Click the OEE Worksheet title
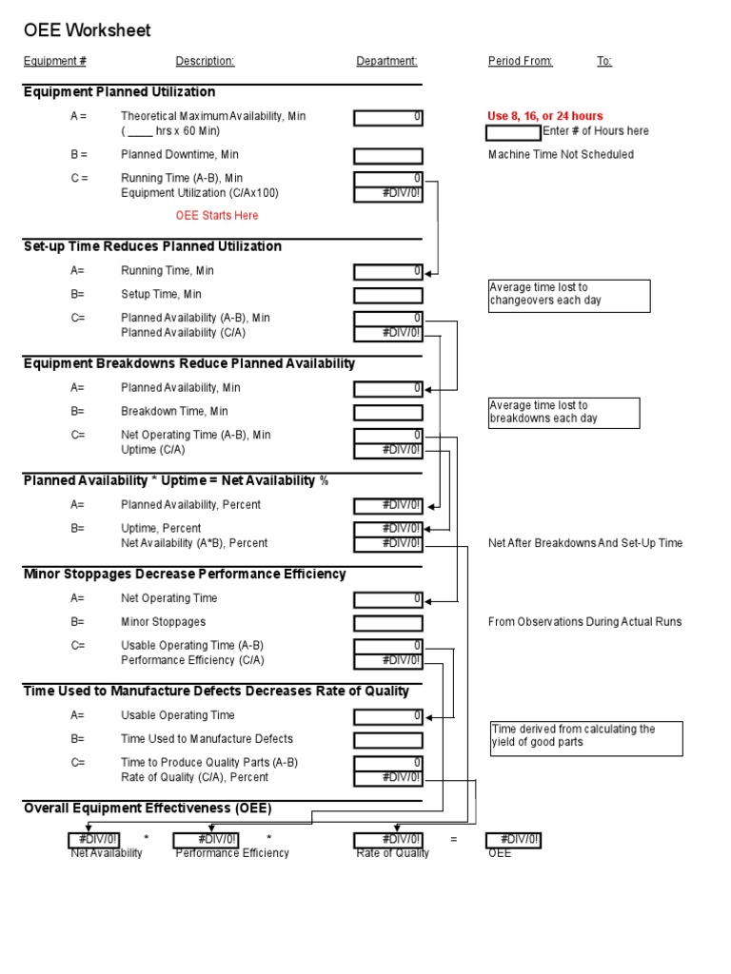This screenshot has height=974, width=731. [x=88, y=31]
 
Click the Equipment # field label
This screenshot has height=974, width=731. [x=55, y=62]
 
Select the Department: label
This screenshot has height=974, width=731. [x=386, y=62]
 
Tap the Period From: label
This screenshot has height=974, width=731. [x=520, y=62]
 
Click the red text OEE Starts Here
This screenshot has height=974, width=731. [x=217, y=216]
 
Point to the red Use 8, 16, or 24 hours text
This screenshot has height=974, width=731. [x=545, y=116]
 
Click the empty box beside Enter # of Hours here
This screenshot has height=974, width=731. [x=513, y=132]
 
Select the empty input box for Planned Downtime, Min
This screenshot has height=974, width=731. [x=388, y=156]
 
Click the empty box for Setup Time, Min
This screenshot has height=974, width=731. [x=388, y=296]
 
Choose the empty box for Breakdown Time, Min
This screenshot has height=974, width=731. [x=388, y=413]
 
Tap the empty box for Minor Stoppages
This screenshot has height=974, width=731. [x=388, y=624]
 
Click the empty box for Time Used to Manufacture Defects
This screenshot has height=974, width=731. [x=388, y=740]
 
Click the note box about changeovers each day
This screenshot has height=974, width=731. [x=568, y=296]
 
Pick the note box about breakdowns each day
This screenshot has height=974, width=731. [x=563, y=413]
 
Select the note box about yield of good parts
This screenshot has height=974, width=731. [x=586, y=737]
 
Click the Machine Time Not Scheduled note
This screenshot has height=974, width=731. [x=561, y=155]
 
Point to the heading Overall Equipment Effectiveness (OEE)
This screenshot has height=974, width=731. [x=148, y=809]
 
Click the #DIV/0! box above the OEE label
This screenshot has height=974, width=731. [x=514, y=840]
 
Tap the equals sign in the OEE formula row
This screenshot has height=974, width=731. [x=454, y=840]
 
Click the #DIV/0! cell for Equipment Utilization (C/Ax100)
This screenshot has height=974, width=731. [x=388, y=194]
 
